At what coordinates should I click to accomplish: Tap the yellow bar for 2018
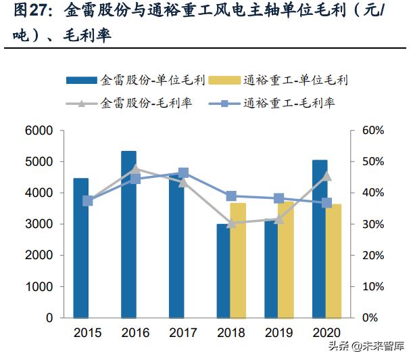pyautogui.click(x=238, y=260)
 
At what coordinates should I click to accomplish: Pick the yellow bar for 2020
pyautogui.click(x=333, y=261)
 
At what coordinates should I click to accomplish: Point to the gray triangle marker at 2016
pyautogui.click(x=136, y=169)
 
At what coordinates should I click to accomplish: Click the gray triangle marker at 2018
pyautogui.click(x=231, y=223)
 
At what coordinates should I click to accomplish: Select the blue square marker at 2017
pyautogui.click(x=183, y=173)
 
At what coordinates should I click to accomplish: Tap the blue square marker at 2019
pyautogui.click(x=278, y=198)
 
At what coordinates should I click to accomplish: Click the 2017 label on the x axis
pyautogui.click(x=183, y=333)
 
